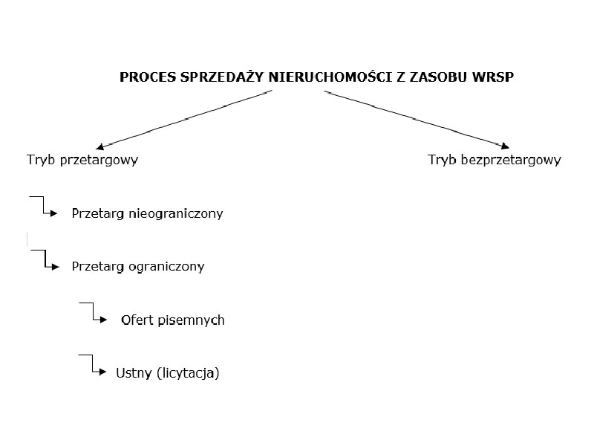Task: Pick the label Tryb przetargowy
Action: [x=82, y=160]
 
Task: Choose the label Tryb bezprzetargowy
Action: [x=495, y=160]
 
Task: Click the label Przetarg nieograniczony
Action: [x=147, y=214]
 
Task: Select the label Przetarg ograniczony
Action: [x=137, y=266]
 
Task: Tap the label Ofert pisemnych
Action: [x=172, y=320]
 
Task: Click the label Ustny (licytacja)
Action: [x=168, y=373]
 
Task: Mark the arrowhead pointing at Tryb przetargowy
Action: [x=99, y=146]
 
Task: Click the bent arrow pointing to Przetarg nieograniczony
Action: [x=45, y=207]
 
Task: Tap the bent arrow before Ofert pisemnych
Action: [x=95, y=313]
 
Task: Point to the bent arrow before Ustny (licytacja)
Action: [x=94, y=366]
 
